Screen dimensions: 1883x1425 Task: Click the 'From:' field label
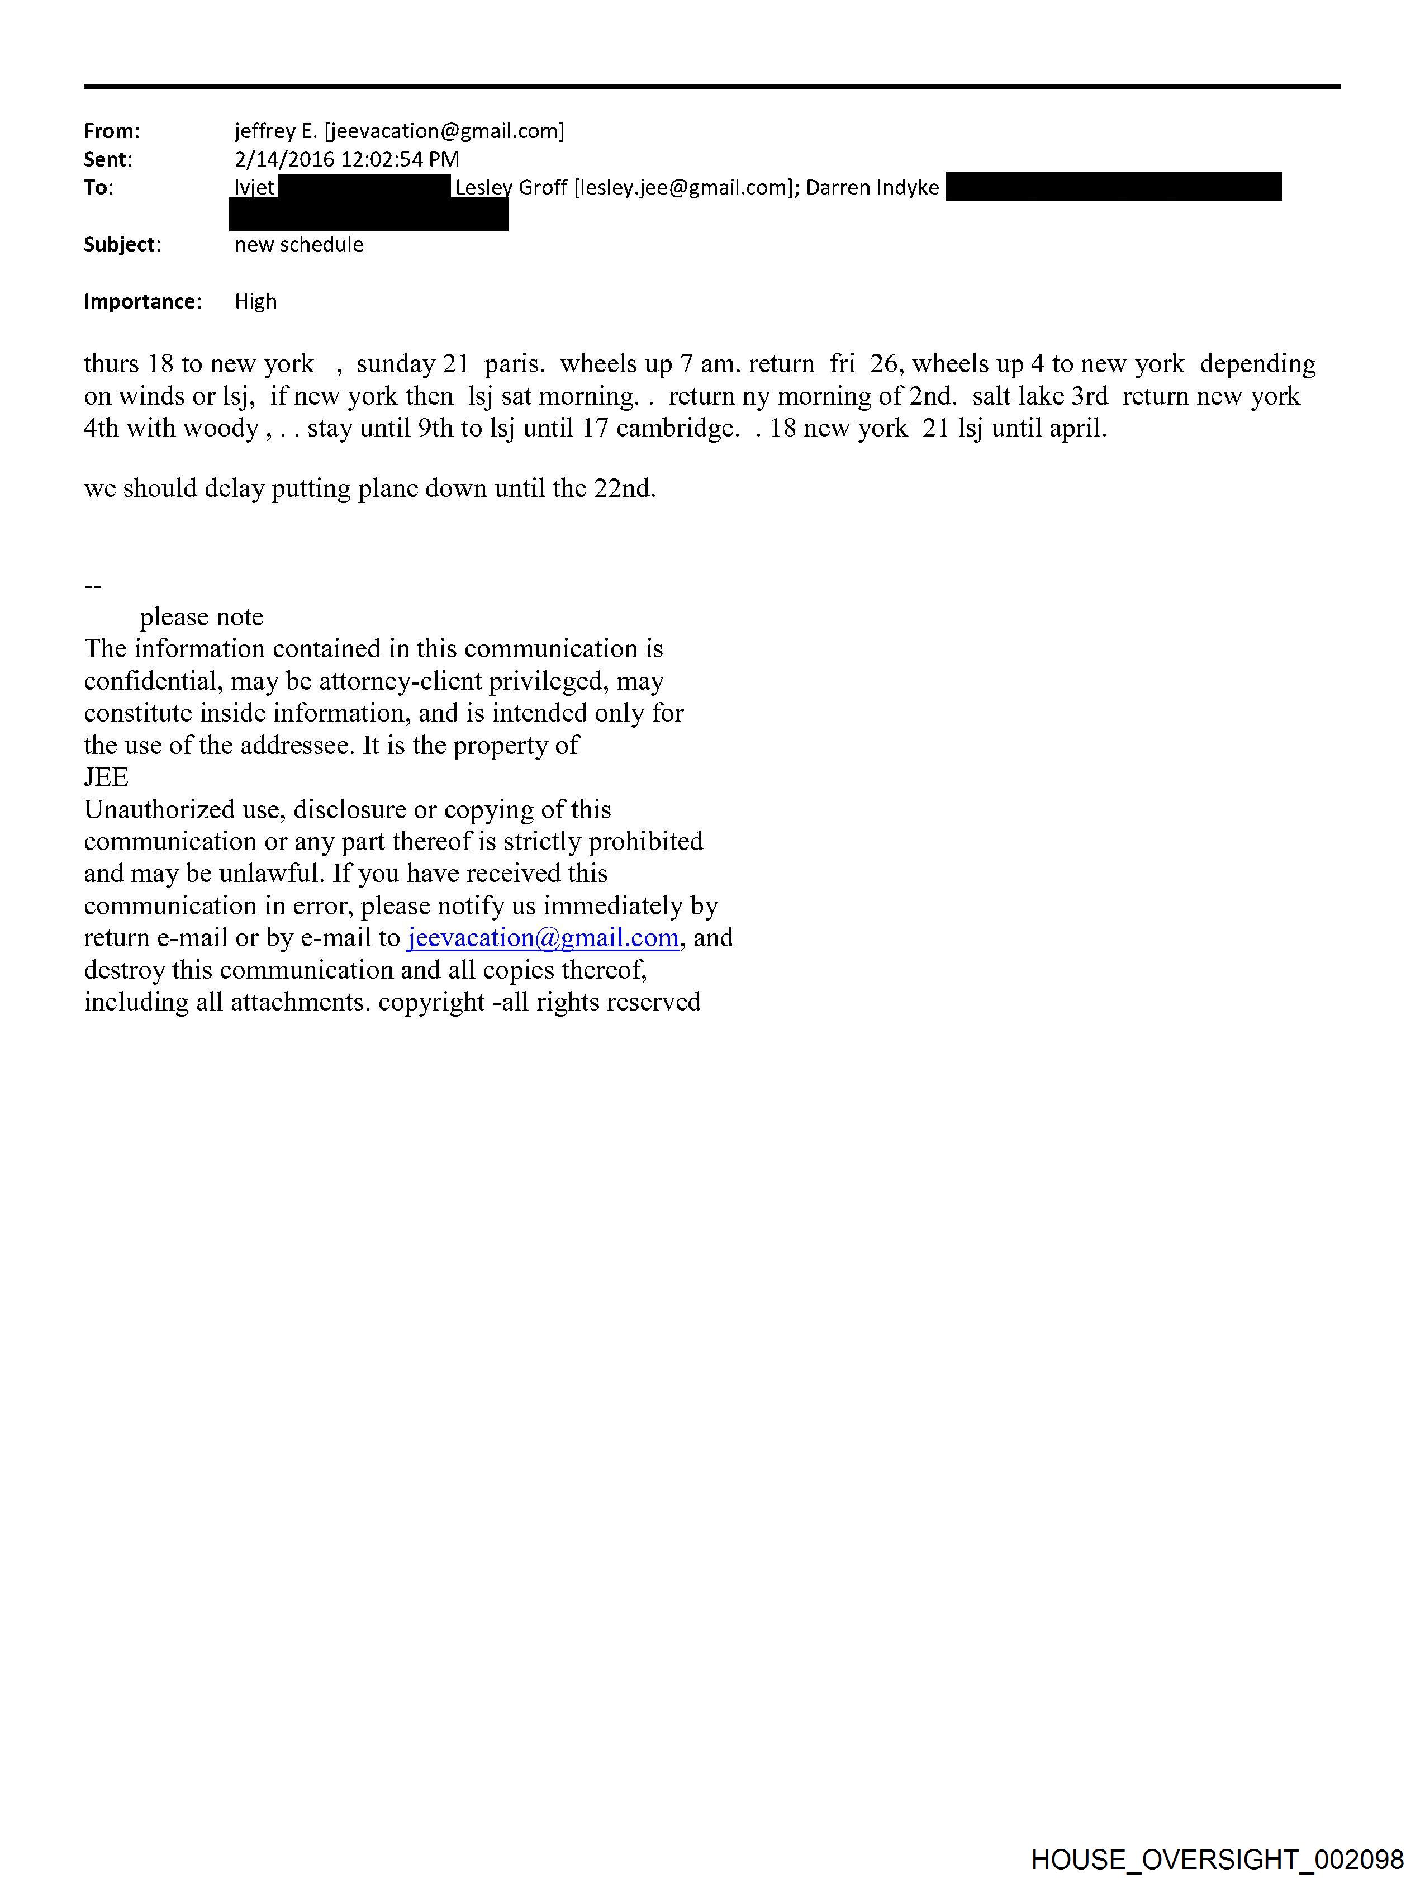111,131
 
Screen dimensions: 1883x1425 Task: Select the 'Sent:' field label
107,159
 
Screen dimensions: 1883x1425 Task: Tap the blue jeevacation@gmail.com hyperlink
543,937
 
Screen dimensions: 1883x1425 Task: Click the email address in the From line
444,131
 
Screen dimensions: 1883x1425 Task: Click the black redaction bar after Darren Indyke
1113,187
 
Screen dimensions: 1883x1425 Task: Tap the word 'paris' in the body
514,364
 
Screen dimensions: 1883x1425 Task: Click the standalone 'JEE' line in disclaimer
106,777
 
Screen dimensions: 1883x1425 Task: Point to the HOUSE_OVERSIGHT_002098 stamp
1217,1859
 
